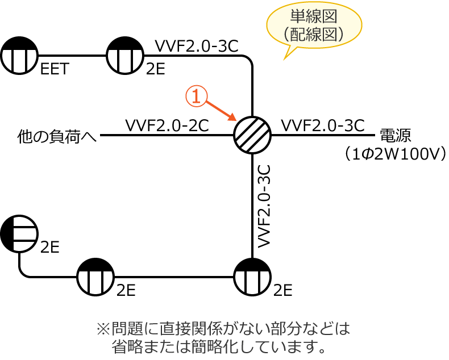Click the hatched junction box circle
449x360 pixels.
(252, 135)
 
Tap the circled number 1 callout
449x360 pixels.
(195, 97)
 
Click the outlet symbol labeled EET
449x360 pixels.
(19, 56)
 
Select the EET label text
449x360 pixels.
(55, 69)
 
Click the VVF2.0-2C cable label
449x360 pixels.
(167, 125)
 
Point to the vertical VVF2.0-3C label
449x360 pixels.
(263, 205)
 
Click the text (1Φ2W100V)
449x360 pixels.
(403, 154)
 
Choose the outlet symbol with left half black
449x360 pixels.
(19, 234)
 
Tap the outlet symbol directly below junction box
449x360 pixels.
(252, 277)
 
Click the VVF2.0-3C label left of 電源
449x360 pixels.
(322, 125)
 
